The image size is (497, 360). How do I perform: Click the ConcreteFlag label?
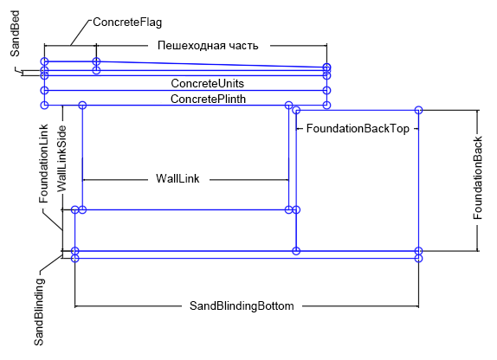(x=127, y=22)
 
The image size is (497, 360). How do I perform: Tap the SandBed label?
(x=15, y=34)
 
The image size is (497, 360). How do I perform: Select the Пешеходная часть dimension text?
(x=208, y=46)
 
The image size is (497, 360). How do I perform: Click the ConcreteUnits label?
(x=208, y=83)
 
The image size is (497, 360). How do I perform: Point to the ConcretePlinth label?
(x=209, y=99)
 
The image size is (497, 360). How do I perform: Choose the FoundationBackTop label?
(x=358, y=129)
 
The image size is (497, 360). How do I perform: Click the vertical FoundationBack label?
(x=478, y=177)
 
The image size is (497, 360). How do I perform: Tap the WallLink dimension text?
(x=177, y=178)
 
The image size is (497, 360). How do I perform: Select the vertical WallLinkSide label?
(x=61, y=158)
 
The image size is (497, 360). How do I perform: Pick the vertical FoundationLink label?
(x=44, y=164)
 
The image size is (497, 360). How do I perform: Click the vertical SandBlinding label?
(x=39, y=312)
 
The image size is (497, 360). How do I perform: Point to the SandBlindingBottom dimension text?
(x=242, y=305)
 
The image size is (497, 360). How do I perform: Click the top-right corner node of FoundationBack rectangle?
(x=419, y=110)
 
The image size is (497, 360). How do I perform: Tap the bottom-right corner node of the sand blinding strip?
(x=419, y=258)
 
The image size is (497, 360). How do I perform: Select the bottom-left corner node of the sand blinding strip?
(x=74, y=258)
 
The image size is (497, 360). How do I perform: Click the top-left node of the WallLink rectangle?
(x=82, y=105)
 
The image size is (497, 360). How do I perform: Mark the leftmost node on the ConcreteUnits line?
(x=45, y=90)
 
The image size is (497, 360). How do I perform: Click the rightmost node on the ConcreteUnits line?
(x=326, y=90)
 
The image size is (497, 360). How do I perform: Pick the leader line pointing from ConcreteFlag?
(x=81, y=33)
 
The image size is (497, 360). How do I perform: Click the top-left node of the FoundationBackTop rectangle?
(x=296, y=110)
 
